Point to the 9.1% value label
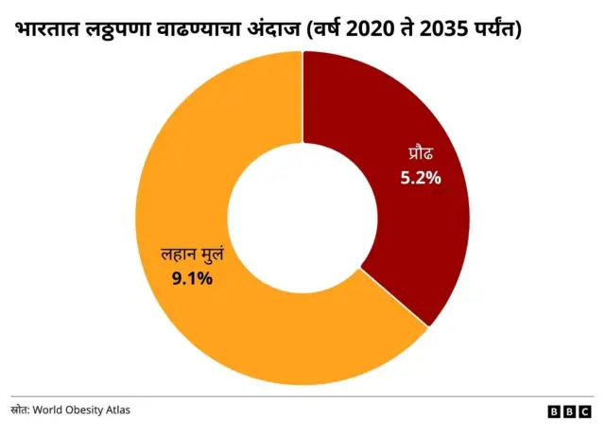click(x=191, y=278)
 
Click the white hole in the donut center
click(x=302, y=218)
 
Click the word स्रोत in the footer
click(x=20, y=410)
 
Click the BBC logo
click(x=569, y=411)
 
